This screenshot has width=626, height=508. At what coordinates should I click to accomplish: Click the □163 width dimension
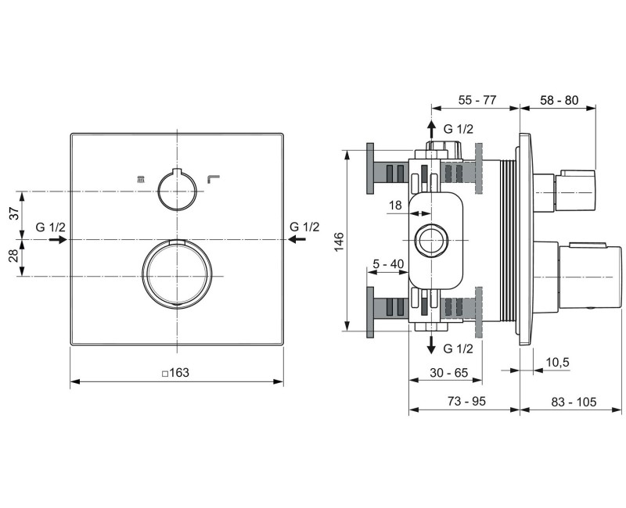click(x=176, y=373)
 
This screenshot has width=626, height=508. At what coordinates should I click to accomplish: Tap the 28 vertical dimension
click(x=13, y=258)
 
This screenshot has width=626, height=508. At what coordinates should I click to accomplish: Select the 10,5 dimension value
click(x=557, y=363)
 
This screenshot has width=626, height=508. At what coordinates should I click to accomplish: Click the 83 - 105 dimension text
click(x=574, y=402)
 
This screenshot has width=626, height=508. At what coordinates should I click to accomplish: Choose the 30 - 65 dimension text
click(x=448, y=373)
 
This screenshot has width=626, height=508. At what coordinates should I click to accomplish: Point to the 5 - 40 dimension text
click(x=388, y=263)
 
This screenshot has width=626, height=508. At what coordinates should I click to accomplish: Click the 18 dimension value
click(x=395, y=205)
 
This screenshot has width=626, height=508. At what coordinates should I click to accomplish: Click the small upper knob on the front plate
click(x=176, y=190)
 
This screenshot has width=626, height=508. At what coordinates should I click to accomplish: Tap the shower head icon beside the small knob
click(x=141, y=180)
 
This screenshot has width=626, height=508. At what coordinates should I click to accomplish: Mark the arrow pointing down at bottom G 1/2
click(x=430, y=346)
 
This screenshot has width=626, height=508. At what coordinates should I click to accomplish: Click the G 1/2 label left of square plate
click(x=51, y=227)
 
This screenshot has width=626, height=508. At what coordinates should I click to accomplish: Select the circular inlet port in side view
click(x=430, y=240)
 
